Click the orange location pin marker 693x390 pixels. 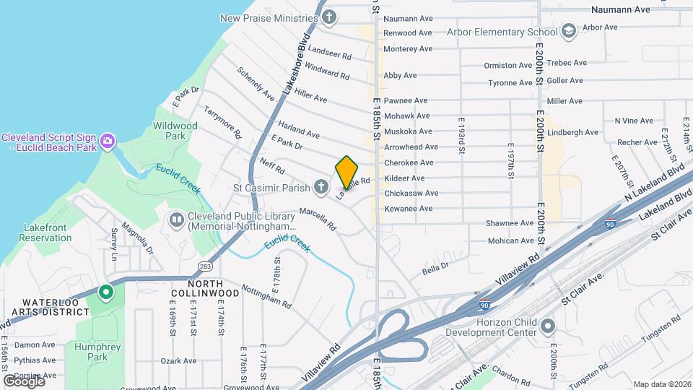346,172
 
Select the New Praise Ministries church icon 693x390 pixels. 329,17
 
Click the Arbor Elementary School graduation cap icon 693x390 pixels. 569,31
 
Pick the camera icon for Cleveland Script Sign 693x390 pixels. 108,140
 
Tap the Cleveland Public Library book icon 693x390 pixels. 176,219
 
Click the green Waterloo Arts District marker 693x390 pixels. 106,292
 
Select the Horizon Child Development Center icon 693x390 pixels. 548,325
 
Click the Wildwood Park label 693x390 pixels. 175,130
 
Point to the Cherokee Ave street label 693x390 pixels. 409,162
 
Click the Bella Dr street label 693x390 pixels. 435,269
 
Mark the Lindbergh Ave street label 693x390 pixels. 573,132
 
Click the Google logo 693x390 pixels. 23,381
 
